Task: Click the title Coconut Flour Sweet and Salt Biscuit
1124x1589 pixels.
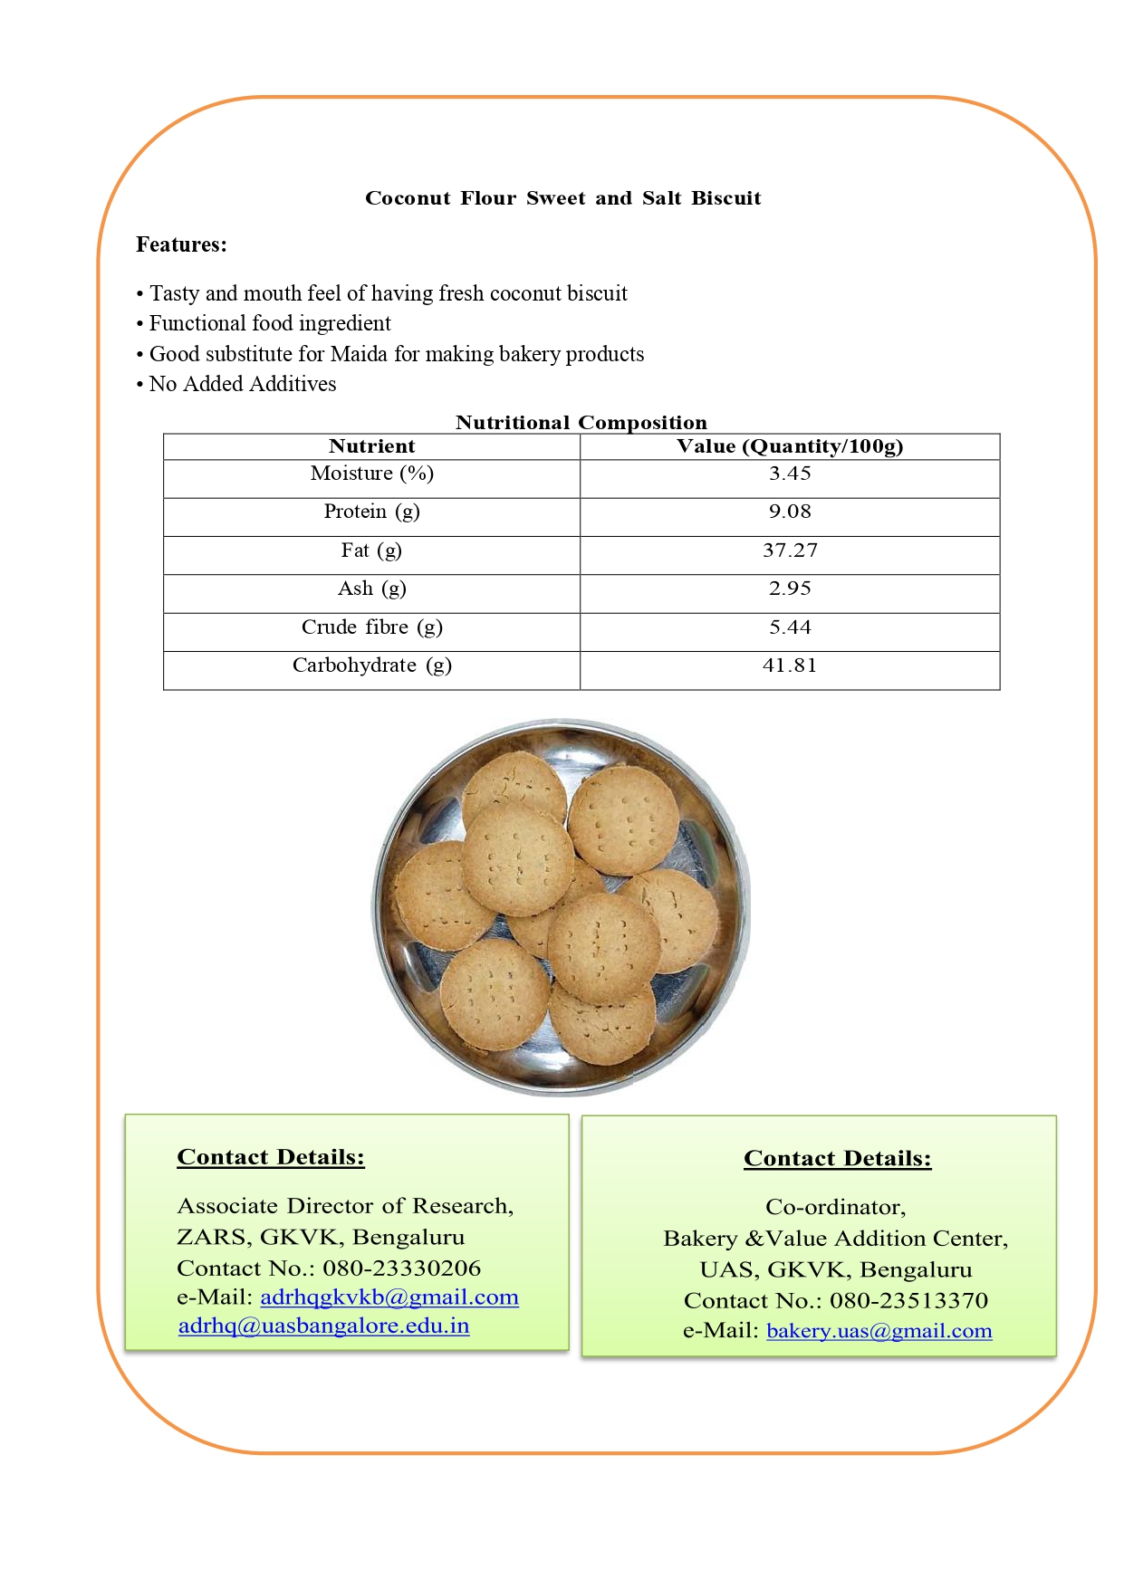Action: point(562,198)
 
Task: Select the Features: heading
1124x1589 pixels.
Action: point(181,244)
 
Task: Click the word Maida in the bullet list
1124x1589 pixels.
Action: point(359,354)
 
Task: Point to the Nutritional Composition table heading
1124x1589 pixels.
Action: point(581,422)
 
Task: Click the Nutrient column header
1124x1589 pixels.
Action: point(371,446)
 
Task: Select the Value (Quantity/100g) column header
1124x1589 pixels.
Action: point(790,446)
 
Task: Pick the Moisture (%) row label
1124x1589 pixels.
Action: point(371,474)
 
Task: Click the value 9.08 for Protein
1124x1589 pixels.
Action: point(790,512)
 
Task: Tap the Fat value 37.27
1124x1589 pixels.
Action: point(790,550)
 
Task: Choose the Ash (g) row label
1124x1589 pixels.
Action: point(371,589)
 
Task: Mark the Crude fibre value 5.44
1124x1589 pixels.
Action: point(790,627)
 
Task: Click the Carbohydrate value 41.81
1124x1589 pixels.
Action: point(790,665)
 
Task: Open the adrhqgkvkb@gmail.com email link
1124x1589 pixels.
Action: point(389,1297)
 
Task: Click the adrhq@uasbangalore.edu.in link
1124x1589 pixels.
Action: point(323,1326)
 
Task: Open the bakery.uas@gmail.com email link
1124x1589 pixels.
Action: point(879,1331)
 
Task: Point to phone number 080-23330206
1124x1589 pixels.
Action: point(401,1268)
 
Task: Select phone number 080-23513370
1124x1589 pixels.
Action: point(908,1301)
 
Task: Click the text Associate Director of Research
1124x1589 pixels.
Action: point(344,1206)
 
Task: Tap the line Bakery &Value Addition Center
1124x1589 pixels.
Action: point(835,1239)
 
